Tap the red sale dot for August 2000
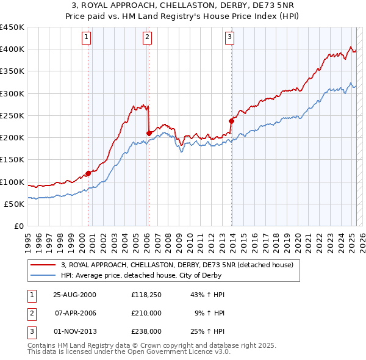pyautogui.click(x=88, y=173)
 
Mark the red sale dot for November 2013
pyautogui.click(x=231, y=120)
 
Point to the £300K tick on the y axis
pyautogui.click(x=12, y=93)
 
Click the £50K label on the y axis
pyautogui.click(x=15, y=204)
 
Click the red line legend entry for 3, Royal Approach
pyautogui.click(x=177, y=265)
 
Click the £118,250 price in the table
pyautogui.click(x=146, y=295)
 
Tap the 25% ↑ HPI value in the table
pyautogui.click(x=209, y=331)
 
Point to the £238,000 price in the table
pyautogui.click(x=146, y=331)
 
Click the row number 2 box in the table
pyautogui.click(x=30, y=313)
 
